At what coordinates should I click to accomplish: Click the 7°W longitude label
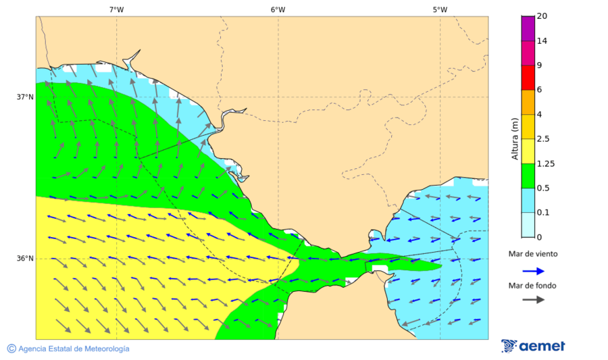(116, 9)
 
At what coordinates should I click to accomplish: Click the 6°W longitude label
(278, 9)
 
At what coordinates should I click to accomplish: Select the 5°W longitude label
(440, 9)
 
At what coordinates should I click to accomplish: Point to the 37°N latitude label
(25, 97)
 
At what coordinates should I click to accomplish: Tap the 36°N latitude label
(25, 259)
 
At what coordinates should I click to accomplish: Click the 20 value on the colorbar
(542, 16)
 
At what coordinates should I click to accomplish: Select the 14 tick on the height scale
(542, 41)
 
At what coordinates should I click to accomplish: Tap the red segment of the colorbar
(528, 77)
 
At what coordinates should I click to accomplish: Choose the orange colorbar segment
(528, 102)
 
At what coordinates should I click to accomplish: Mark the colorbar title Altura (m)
(515, 139)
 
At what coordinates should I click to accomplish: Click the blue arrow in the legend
(533, 271)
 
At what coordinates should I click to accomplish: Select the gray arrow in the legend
(533, 299)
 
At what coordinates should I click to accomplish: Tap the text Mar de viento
(533, 254)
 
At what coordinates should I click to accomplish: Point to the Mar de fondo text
(533, 285)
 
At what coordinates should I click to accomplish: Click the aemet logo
(533, 346)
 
